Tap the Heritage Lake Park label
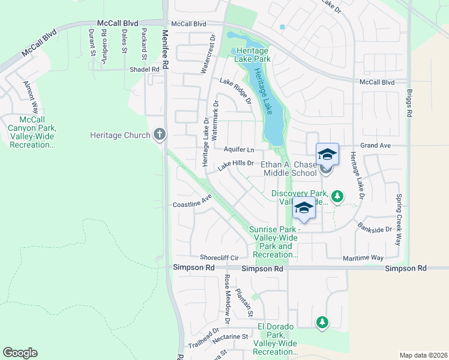pos(252,55)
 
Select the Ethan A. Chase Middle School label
pos(289,169)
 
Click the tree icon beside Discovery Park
pos(337,196)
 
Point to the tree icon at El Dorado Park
pos(322,323)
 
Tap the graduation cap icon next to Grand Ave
pos(327,154)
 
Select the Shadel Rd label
pos(145,69)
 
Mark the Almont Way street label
pos(31,97)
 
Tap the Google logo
pos(20,353)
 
